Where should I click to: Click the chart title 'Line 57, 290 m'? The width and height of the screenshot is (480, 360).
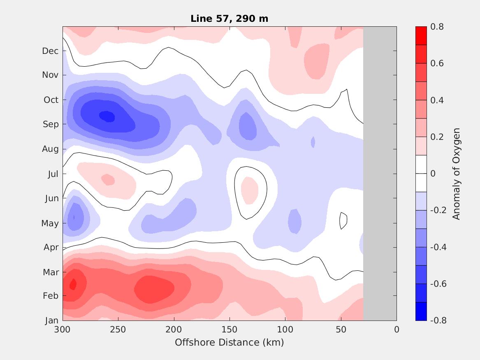coord(230,19)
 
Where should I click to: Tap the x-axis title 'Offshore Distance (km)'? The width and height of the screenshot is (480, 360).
coord(229,342)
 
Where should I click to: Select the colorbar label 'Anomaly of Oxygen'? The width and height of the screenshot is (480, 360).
coord(456,174)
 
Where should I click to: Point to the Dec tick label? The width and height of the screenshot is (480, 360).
coord(50,51)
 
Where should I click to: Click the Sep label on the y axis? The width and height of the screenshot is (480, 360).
coord(51,124)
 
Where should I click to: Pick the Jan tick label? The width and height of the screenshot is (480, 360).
coord(51,321)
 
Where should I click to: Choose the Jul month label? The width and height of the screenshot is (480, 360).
coord(53,174)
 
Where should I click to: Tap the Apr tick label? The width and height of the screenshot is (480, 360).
coord(51,247)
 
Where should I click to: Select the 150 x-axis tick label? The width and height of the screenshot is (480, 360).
coord(230,330)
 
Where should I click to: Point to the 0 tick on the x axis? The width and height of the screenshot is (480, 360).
coord(397,330)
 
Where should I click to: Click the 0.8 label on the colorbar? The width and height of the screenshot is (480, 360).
coord(437,27)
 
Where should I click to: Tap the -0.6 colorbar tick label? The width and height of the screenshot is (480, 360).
coord(438,284)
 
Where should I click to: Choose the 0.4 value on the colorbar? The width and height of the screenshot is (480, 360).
coord(437,100)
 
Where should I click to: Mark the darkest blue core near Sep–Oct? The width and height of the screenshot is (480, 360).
coord(108,116)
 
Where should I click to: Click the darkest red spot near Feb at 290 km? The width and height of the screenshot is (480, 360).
coord(73,284)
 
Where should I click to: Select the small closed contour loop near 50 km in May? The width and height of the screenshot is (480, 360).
coord(343,221)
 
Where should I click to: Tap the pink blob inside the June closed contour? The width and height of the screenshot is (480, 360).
coord(249,190)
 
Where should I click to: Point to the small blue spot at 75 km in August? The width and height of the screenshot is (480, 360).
coord(313,142)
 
